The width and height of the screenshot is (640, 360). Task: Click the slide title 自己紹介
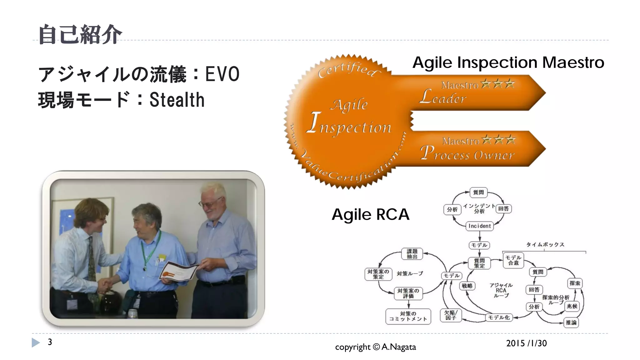80,34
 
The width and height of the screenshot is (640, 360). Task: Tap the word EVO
222,74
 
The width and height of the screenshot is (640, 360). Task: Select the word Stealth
177,100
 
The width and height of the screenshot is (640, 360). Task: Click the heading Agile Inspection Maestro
508,62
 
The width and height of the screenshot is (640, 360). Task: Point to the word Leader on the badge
443,97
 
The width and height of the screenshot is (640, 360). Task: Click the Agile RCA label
370,214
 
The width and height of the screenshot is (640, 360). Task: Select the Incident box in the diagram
479,226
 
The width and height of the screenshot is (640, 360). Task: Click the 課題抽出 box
412,254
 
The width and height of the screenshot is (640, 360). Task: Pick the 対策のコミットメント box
408,316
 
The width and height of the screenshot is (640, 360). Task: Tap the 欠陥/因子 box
450,315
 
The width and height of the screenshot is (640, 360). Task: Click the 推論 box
571,322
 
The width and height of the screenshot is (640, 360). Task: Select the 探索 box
574,283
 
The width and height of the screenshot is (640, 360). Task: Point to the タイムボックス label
545,244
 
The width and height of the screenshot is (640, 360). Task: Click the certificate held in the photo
179,271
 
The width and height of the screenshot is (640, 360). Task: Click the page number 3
50,342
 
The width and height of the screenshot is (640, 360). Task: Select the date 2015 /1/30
526,343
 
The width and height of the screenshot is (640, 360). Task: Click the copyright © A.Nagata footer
375,347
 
